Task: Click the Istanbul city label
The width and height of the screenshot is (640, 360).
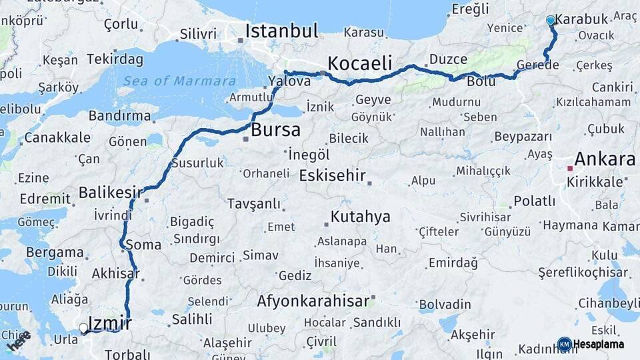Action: click(x=281, y=31)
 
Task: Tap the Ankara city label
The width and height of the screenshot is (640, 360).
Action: click(x=605, y=159)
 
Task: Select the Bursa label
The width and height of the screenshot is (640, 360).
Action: click(x=275, y=129)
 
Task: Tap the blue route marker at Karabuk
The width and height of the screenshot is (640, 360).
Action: click(x=551, y=21)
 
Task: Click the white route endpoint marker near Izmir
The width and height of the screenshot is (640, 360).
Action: click(x=83, y=328)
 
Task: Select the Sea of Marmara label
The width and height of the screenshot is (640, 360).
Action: click(x=179, y=81)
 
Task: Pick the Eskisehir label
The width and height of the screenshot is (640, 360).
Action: click(x=333, y=176)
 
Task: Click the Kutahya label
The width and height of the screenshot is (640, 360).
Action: click(x=360, y=217)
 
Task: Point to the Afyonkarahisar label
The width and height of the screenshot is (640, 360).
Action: click(x=313, y=301)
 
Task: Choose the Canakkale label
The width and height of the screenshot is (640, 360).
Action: click(x=57, y=138)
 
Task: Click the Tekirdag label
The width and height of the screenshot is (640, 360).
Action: click(x=115, y=59)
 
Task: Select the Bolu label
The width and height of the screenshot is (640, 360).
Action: click(x=481, y=82)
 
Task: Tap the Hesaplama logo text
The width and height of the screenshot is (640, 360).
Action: click(x=599, y=344)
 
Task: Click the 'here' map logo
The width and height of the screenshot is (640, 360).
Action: click(x=19, y=342)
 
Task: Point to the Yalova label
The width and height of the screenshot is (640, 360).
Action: click(x=289, y=81)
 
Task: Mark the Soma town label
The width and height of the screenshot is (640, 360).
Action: click(x=143, y=245)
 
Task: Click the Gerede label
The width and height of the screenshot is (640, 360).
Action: click(x=537, y=65)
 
